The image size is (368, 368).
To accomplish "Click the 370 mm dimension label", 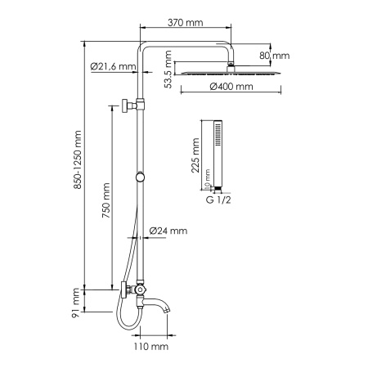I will (184, 25).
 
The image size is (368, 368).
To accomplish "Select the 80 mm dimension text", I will (276, 56).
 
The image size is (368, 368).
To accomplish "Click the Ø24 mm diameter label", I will (168, 232).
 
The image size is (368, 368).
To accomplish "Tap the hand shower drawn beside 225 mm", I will (216, 151).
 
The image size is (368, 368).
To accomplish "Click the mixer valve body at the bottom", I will (139, 289).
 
